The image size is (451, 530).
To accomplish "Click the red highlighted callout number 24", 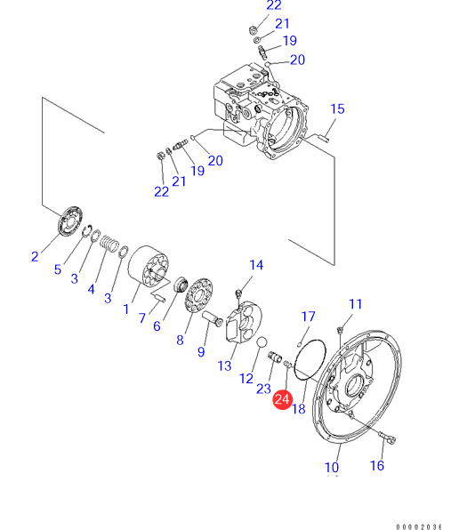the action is (282, 400).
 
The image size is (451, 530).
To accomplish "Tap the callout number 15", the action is (337, 108).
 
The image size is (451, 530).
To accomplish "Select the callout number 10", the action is (332, 468).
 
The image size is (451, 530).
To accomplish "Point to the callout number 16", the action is (377, 465).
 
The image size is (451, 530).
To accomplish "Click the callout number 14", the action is (256, 265).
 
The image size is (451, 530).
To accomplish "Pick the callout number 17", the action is (308, 317).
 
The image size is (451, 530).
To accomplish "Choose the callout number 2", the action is (35, 256).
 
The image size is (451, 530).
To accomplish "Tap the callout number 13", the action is (224, 365).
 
